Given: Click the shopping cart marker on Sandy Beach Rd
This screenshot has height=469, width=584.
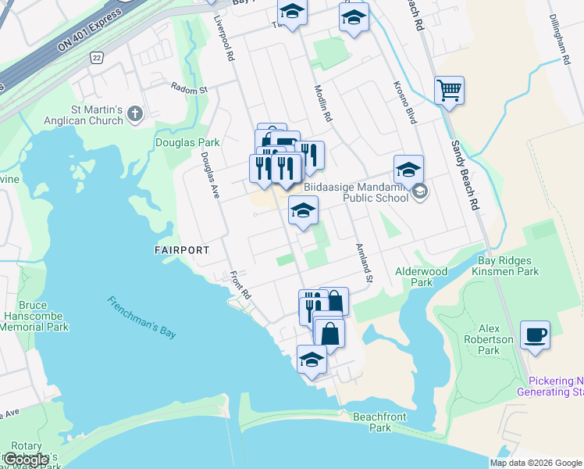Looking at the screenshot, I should click(449, 91).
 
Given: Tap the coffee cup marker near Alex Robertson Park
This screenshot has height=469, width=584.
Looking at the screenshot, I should click(535, 335).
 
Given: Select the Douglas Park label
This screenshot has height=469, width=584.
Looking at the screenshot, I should click(187, 143).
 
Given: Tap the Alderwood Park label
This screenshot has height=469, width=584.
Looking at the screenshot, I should click(422, 277).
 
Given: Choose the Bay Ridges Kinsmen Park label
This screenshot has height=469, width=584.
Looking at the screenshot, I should click(506, 266).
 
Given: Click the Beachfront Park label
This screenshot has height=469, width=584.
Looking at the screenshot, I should click(379, 422).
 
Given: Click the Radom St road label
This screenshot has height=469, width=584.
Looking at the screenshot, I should click(190, 89).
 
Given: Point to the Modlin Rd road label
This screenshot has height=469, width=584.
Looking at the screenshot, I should click(323, 104).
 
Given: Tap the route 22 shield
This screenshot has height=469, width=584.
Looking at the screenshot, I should click(96, 58).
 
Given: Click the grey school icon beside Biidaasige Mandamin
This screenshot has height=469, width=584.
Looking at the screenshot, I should click(420, 192).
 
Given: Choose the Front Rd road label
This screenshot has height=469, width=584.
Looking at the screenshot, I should click(240, 285).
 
